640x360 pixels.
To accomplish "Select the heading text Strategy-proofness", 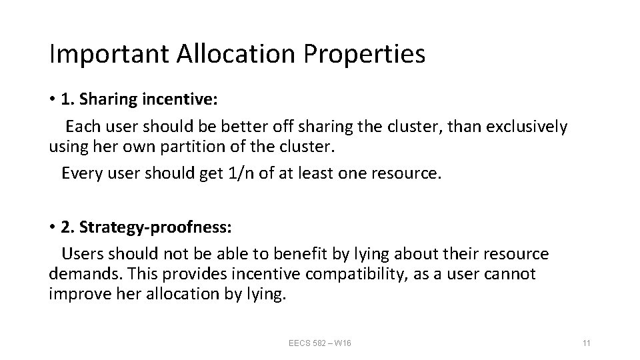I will [x=155, y=227].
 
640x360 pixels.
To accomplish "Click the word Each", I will [x=81, y=126].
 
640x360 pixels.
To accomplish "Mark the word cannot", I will [x=511, y=275].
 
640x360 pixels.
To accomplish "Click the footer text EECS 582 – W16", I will [x=320, y=343].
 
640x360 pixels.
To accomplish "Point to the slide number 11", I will [x=587, y=343].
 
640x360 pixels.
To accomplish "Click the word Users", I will [x=82, y=254].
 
